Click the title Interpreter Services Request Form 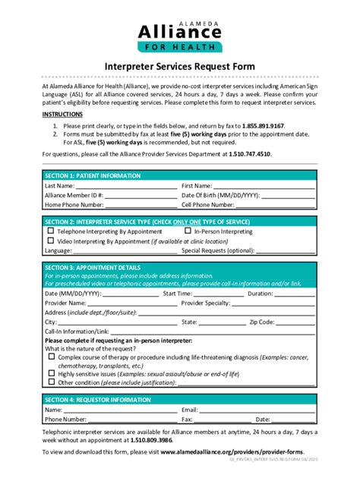pyautogui.click(x=179, y=68)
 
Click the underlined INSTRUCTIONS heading pyautogui.click(x=62, y=113)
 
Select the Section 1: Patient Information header pyautogui.click(x=93, y=175)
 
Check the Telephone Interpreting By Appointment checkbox pyautogui.click(x=51, y=231)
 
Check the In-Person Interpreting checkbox pyautogui.click(x=188, y=231)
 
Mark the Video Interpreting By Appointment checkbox pyautogui.click(x=51, y=241)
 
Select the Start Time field pyautogui.click(x=219, y=293)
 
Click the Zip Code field pyautogui.click(x=295, y=322)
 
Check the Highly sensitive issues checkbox pyautogui.click(x=51, y=373)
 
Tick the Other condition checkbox pyautogui.click(x=51, y=383)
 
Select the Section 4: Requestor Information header pyautogui.click(x=98, y=399)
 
